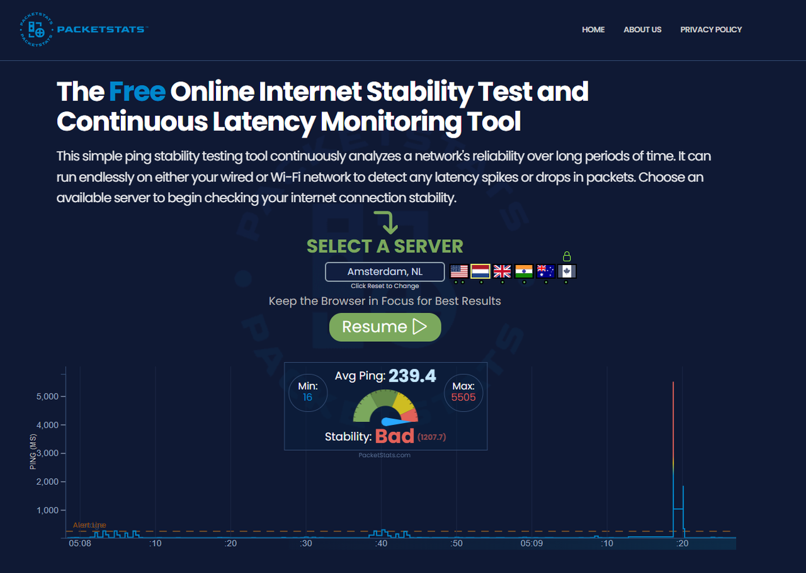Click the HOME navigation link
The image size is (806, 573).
point(593,30)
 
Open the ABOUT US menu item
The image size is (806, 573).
point(642,30)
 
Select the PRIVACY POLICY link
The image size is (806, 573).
point(711,30)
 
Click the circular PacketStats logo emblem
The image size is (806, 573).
point(37,30)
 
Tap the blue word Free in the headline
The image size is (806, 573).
point(137,91)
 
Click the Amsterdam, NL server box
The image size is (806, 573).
point(385,272)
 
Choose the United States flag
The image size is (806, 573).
point(459,271)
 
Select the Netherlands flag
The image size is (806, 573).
point(480,271)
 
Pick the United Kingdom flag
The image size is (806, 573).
point(502,271)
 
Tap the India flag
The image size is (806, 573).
point(524,271)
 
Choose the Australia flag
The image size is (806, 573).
point(546,271)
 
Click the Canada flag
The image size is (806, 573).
point(567,271)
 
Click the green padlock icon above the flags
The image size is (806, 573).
point(567,256)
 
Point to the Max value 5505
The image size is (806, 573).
point(463,397)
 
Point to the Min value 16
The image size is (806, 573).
point(307,397)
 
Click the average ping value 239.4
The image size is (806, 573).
point(412,376)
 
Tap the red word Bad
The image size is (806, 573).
point(395,436)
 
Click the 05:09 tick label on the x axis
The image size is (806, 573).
point(531,543)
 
